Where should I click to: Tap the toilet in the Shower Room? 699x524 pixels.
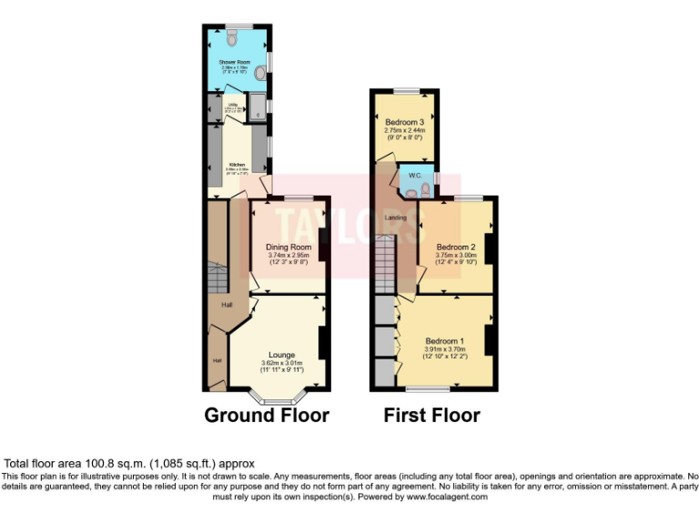tap(232, 37)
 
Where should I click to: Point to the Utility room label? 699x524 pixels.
tap(233, 105)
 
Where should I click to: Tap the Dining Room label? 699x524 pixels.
tap(289, 247)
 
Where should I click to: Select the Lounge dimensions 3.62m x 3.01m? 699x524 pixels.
tap(281, 363)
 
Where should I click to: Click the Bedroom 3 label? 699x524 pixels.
tap(404, 122)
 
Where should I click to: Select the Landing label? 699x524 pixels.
tap(396, 217)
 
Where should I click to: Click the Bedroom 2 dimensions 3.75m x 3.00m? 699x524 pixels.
tap(456, 256)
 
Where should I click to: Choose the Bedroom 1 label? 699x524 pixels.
tap(445, 341)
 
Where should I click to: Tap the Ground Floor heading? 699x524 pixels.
tap(266, 416)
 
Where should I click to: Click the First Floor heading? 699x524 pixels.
tap(431, 416)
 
